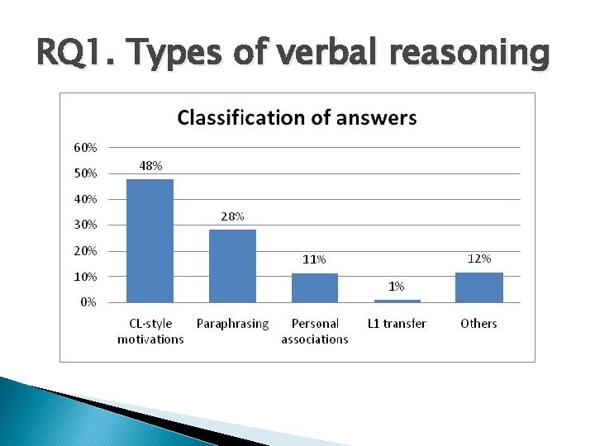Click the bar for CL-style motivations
[150, 240]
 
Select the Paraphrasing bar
[232, 265]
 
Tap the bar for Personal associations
[314, 287]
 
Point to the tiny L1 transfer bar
[397, 301]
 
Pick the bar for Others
[479, 287]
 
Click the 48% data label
[150, 166]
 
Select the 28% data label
[232, 216]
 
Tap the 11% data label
[314, 259]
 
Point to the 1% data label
[397, 286]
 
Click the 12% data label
[479, 259]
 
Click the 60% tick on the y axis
[85, 148]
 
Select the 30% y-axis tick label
[85, 225]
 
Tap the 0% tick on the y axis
[88, 302]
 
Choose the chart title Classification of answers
[297, 117]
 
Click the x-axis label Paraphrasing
[232, 324]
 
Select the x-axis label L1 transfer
[397, 324]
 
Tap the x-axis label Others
[478, 324]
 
